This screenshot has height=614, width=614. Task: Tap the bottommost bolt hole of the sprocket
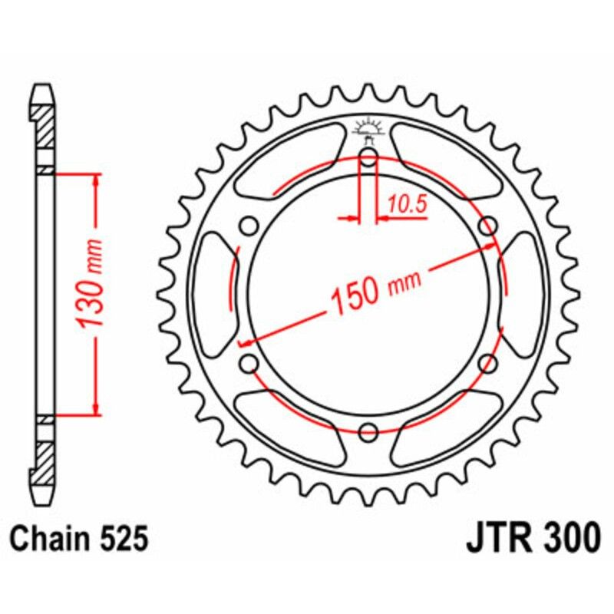pos(368,431)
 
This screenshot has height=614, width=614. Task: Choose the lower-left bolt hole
pos(248,364)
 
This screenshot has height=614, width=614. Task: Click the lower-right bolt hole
pos(487,364)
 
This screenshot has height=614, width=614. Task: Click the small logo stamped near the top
pos(368,129)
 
